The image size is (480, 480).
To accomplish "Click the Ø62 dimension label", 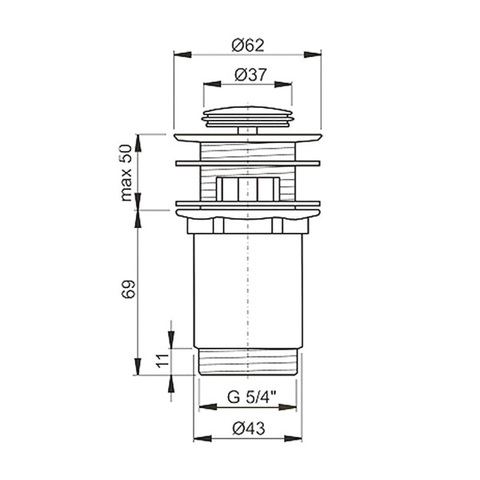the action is (x=248, y=46).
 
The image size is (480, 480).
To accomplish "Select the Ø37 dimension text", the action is (x=250, y=74).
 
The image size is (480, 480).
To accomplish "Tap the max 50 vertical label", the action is (x=126, y=173).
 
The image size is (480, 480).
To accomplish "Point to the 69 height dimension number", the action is (x=128, y=289).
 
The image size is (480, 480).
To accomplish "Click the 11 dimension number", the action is (x=162, y=361).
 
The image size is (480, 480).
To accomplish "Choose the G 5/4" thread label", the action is (x=252, y=398).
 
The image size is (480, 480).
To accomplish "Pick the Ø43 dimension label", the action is (x=249, y=428).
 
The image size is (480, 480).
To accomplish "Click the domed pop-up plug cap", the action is (x=248, y=117).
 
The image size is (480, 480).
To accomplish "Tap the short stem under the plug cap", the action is (x=248, y=130).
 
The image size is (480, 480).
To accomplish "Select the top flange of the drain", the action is (x=248, y=138).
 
